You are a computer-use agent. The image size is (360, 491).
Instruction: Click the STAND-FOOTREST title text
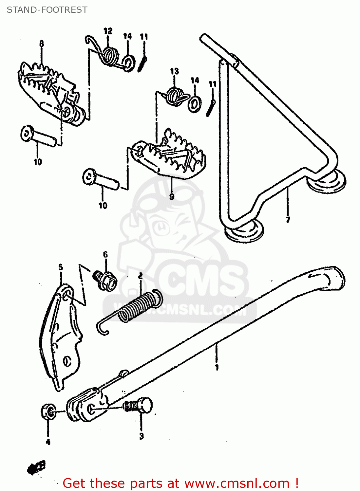tap(47, 10)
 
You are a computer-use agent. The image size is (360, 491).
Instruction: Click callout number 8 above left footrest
tap(42, 44)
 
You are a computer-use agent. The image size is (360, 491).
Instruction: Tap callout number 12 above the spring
tap(108, 31)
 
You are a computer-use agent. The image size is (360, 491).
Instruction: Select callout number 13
tap(174, 71)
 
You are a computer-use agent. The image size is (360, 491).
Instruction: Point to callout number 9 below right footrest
tap(172, 196)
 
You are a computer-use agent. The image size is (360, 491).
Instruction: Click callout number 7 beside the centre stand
tap(288, 220)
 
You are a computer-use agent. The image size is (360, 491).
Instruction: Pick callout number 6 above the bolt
tap(105, 255)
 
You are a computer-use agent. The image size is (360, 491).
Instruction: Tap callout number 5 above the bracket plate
tap(61, 267)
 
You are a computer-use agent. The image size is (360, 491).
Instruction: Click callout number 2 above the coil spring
tap(140, 276)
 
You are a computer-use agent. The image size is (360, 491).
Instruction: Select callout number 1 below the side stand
tap(217, 367)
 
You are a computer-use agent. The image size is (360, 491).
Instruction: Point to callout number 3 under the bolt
tap(141, 436)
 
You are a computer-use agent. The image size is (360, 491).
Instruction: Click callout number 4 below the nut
tap(48, 442)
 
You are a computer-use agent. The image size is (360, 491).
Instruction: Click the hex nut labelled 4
tap(48, 411)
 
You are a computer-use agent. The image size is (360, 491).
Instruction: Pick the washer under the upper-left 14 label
tap(128, 62)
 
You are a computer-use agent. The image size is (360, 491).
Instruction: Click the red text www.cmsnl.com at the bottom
tap(237, 483)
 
